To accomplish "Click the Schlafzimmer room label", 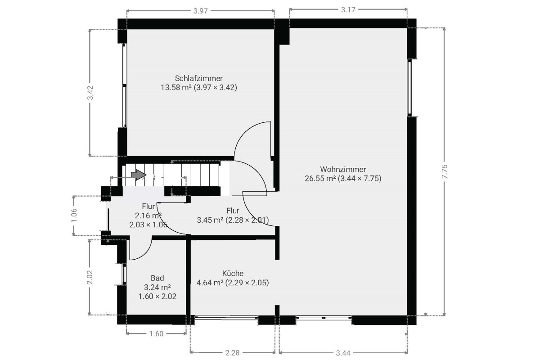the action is pos(198,78).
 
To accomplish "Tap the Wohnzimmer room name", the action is pos(343,169).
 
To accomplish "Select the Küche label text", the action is pos(233,274).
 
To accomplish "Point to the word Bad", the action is pos(157,278).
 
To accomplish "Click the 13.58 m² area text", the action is pos(176,87).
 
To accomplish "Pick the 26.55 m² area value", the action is pos(320,179).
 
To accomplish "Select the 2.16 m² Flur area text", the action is pos(148,215).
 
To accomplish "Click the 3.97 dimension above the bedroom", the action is pos(200,11).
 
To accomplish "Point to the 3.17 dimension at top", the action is pos(348,9).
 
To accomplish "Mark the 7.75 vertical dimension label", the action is pos(444,171).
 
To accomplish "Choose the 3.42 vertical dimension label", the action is pos(90,93).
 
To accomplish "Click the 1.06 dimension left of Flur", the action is pos(74,215).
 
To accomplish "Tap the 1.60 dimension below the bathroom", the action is pos(156,334).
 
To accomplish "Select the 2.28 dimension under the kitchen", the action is pos(232,353).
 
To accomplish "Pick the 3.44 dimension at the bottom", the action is pos(343,353).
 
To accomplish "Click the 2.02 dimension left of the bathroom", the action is pos(90,277).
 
